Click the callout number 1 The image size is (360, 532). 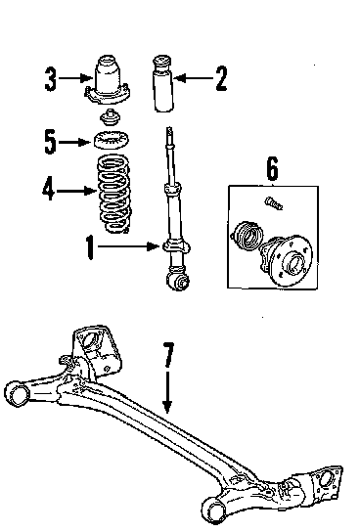click(90, 247)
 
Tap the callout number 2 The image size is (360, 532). click(221, 78)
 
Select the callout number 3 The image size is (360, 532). click(50, 79)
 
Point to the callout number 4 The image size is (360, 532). click(49, 189)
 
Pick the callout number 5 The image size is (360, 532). click(50, 142)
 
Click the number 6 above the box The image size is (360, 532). click(273, 168)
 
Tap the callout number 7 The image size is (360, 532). click(168, 355)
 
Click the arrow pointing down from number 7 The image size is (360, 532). click(167, 392)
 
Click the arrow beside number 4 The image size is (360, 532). click(76, 191)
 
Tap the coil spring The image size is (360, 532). click(113, 194)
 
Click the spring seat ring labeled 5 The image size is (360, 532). click(112, 140)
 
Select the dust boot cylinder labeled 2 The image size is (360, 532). click(164, 83)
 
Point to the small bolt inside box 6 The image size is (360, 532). click(274, 203)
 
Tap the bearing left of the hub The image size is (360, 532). click(247, 236)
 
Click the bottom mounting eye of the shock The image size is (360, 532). click(178, 282)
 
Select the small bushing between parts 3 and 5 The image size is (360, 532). click(111, 117)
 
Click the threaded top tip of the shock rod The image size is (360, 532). click(169, 131)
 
